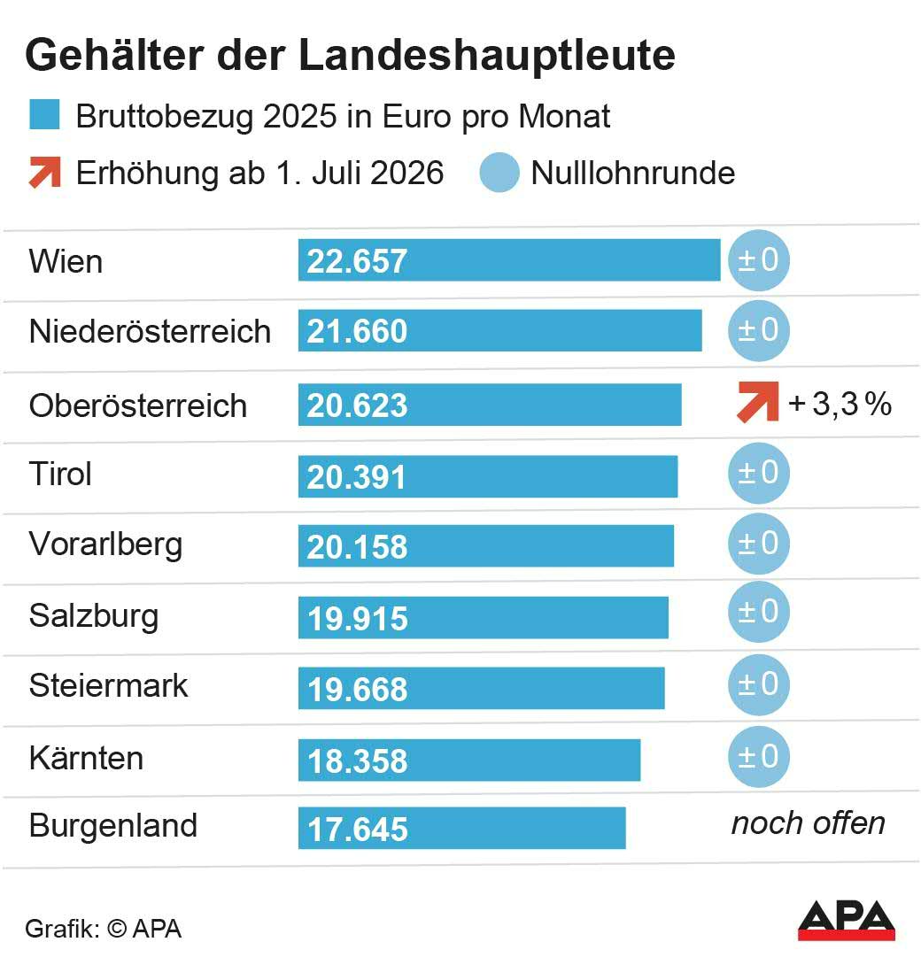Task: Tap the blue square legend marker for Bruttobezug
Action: coord(44,116)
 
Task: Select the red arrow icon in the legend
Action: coord(44,172)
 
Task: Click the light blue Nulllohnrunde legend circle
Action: coord(499,173)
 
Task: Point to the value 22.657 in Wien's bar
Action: coord(357,261)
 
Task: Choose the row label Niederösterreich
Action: coord(150,331)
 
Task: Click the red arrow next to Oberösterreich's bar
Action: coord(757,401)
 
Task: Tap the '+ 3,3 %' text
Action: coord(840,404)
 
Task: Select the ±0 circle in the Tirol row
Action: coord(758,473)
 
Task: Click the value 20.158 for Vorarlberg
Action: coord(357,547)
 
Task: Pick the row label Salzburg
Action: coord(94,615)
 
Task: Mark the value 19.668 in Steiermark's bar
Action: coord(357,690)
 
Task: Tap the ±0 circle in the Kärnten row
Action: coord(758,757)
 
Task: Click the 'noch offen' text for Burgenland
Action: coord(808,823)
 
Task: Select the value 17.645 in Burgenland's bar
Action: coord(357,830)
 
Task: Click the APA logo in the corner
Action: coord(846,921)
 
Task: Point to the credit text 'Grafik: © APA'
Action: coord(103,929)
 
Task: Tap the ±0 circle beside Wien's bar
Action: coord(758,260)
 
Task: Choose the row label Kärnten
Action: coord(86,759)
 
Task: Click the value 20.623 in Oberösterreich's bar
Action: coord(357,405)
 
